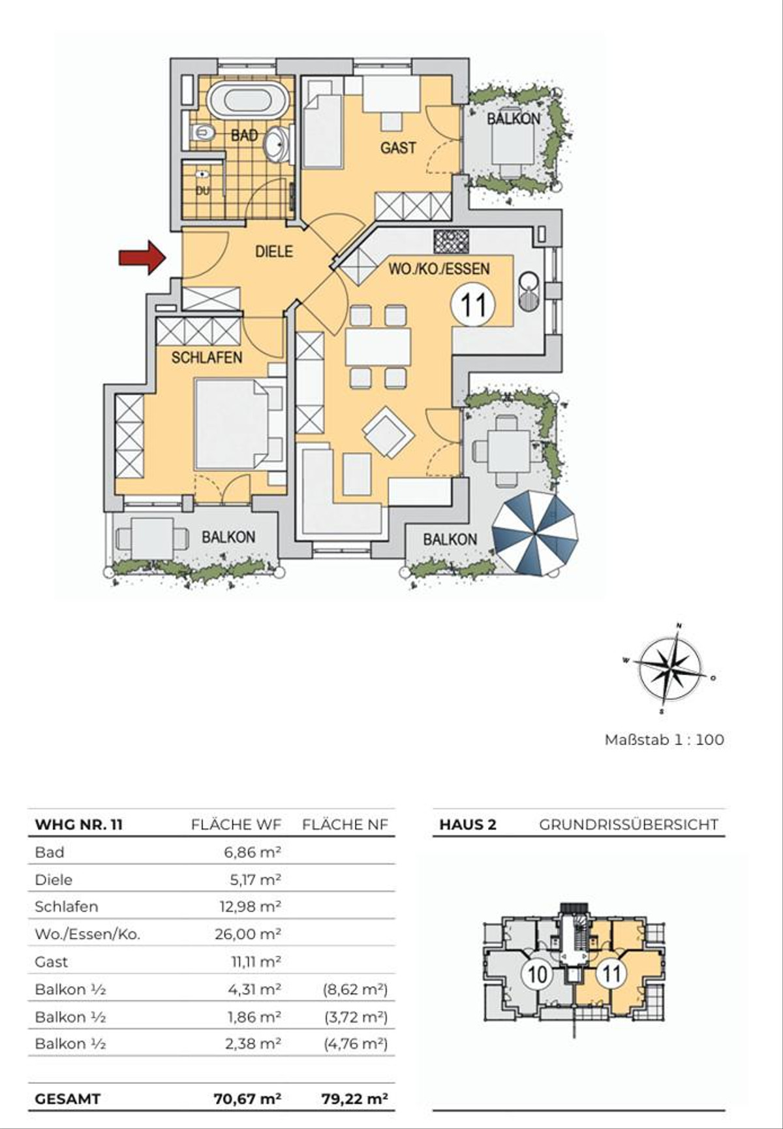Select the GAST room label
[x=398, y=148]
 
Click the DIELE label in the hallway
[x=274, y=251]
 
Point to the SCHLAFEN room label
[x=207, y=357]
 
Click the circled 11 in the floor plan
[x=474, y=304]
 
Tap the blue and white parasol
[x=535, y=535]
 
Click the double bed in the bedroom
[x=240, y=424]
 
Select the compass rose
[x=670, y=668]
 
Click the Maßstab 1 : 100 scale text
[x=664, y=740]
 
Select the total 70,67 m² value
[x=248, y=1098]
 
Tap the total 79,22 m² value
[x=354, y=1098]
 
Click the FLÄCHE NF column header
[x=345, y=825]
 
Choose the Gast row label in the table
[x=51, y=962]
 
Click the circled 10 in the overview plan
[x=537, y=974]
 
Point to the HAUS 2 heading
[x=467, y=825]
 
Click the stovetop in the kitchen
[x=451, y=241]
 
